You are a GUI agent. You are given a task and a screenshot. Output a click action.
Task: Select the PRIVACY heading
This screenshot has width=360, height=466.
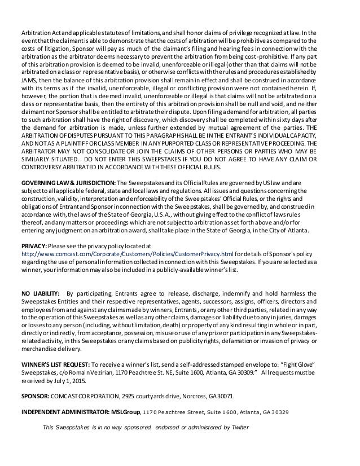[x=34, y=246]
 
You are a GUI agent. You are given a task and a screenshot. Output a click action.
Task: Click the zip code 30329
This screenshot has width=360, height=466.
[x=279, y=411]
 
